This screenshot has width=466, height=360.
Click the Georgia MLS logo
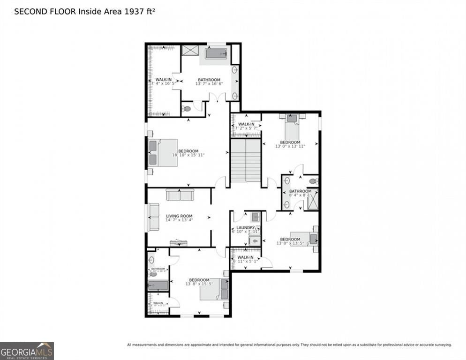(x=27, y=351)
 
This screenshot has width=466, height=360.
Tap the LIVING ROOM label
(x=179, y=216)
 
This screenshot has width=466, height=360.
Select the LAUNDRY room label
(x=245, y=227)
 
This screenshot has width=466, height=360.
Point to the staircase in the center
(x=246, y=160)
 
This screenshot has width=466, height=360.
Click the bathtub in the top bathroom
(x=216, y=53)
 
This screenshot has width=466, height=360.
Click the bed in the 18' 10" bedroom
(x=162, y=152)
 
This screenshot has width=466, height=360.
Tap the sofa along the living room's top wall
(x=180, y=194)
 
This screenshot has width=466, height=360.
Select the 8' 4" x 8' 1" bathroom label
(x=300, y=191)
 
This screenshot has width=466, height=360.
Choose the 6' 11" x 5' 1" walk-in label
(x=245, y=257)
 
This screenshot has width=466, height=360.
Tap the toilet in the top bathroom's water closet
(x=187, y=109)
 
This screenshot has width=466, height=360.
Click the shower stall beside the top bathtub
(x=190, y=51)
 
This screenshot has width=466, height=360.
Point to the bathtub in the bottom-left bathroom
(x=158, y=285)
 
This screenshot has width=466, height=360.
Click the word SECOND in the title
(x=30, y=11)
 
